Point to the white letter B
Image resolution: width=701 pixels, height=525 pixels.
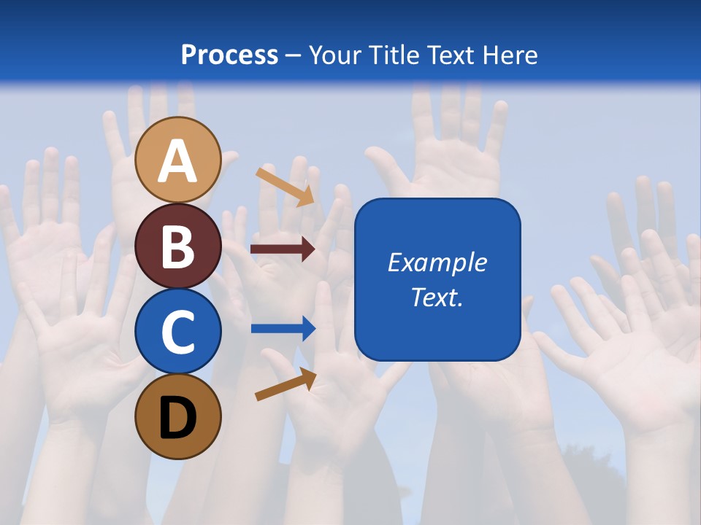tap(177, 246)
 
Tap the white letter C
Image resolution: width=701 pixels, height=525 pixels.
tap(177, 332)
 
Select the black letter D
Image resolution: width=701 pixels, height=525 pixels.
tap(177, 418)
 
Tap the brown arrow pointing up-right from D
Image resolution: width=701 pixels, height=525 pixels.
tap(286, 384)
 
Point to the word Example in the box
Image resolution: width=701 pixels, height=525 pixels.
tap(437, 262)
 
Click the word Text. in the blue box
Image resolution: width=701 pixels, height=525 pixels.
tap(437, 297)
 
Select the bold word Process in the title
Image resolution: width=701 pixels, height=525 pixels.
tap(229, 55)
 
